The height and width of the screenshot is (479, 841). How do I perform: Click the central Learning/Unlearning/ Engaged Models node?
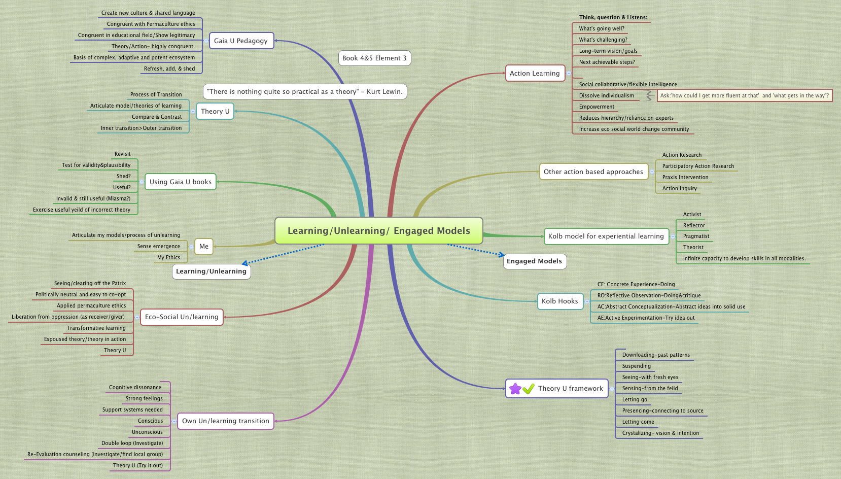click(378, 231)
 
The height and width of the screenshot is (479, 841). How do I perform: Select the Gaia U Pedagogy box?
click(241, 41)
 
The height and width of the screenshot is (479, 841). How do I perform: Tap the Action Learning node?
click(535, 73)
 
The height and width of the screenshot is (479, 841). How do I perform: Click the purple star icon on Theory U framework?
click(515, 389)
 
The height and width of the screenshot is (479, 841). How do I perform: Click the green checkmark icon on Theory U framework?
click(529, 389)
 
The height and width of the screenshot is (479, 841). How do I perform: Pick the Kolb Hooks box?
click(559, 301)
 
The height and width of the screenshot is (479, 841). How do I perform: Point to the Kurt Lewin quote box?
click(305, 91)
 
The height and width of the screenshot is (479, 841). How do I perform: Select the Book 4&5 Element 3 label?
click(374, 58)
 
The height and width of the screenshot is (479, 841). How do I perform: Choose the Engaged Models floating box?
click(534, 261)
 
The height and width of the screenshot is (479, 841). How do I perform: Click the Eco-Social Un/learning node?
click(182, 317)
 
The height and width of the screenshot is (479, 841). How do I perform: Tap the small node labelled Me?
click(204, 246)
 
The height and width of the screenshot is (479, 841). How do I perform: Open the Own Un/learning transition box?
click(226, 421)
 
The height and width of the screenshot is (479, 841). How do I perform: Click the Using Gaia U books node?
click(181, 182)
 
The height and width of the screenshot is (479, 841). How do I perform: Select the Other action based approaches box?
click(593, 172)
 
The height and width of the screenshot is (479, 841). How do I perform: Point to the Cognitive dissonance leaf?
click(135, 387)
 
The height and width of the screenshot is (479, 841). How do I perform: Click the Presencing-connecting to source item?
click(662, 410)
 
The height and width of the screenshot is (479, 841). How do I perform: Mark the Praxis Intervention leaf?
click(685, 177)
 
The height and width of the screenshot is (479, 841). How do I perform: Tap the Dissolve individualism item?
click(606, 95)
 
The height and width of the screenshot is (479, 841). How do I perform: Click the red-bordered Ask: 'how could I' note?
click(744, 95)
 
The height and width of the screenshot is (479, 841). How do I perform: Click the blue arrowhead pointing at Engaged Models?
click(501, 255)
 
